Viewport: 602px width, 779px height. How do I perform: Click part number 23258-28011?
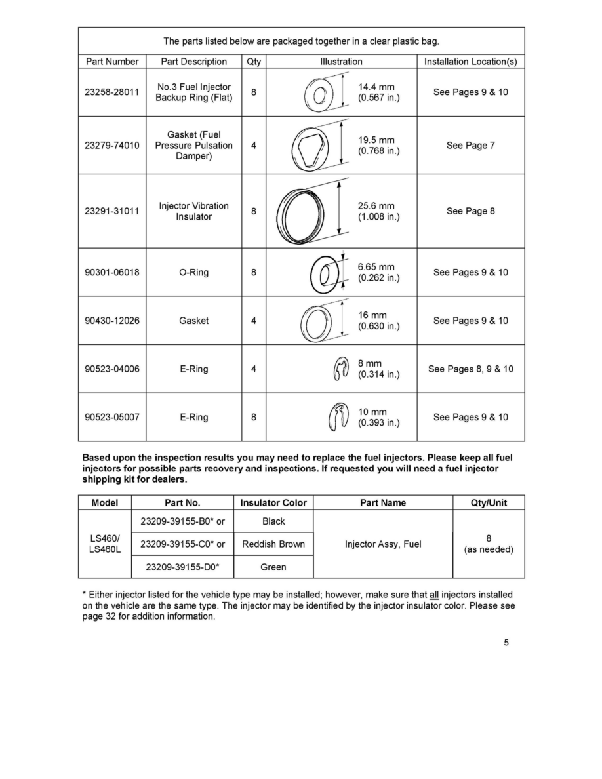tap(112, 92)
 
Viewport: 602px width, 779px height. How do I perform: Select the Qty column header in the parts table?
tap(253, 62)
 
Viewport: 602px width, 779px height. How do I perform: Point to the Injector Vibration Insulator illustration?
tap(301, 211)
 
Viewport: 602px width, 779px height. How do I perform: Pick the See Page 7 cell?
tap(470, 146)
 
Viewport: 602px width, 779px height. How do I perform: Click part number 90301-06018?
tap(112, 273)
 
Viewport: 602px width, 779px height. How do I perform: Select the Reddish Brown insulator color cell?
tap(273, 544)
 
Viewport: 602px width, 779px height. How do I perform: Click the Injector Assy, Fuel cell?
tap(383, 544)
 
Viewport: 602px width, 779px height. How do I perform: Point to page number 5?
tap(506, 643)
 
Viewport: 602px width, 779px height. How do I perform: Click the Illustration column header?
tap(341, 62)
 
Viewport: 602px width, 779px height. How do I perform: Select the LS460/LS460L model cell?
tap(105, 544)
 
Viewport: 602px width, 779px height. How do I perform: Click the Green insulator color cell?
tap(273, 567)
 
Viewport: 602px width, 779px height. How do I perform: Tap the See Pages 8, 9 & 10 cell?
tap(470, 369)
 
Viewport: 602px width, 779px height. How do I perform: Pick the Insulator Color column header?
tap(273, 503)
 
